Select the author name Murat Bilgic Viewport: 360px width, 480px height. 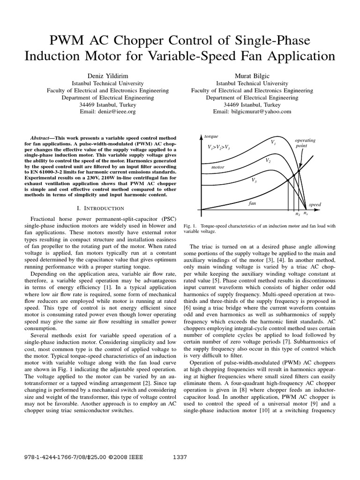coord(252,75)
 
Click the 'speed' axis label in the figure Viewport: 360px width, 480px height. coord(315,205)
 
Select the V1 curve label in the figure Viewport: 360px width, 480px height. coord(273,141)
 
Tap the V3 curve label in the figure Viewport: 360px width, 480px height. coord(254,180)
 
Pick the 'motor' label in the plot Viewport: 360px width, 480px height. coord(218,167)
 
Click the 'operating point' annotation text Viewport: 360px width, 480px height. coord(305,143)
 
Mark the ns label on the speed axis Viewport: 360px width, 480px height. coord(306,213)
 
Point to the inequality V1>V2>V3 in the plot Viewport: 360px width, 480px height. coord(219,147)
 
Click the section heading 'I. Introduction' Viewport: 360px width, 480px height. coord(102,208)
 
